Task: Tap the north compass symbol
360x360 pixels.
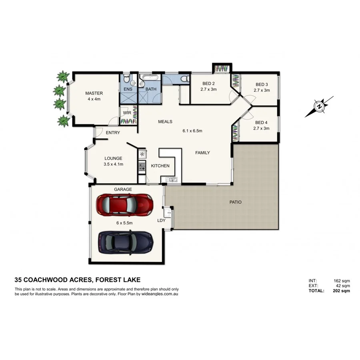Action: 319,107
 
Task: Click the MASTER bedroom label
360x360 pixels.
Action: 94,93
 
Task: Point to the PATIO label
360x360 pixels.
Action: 235,202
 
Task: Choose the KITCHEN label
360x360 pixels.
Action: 160,166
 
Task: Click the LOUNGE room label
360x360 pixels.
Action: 113,158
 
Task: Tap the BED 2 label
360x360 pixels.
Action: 208,84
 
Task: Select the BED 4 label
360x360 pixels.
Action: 261,123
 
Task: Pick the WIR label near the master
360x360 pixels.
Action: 127,113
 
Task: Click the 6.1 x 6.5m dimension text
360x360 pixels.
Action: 192,131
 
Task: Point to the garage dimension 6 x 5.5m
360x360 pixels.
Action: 123,223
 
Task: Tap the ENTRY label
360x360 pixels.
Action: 113,133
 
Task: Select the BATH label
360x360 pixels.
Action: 151,89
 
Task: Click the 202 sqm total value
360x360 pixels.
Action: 342,291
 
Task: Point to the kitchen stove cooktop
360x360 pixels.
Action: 142,166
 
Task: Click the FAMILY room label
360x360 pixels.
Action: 202,153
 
